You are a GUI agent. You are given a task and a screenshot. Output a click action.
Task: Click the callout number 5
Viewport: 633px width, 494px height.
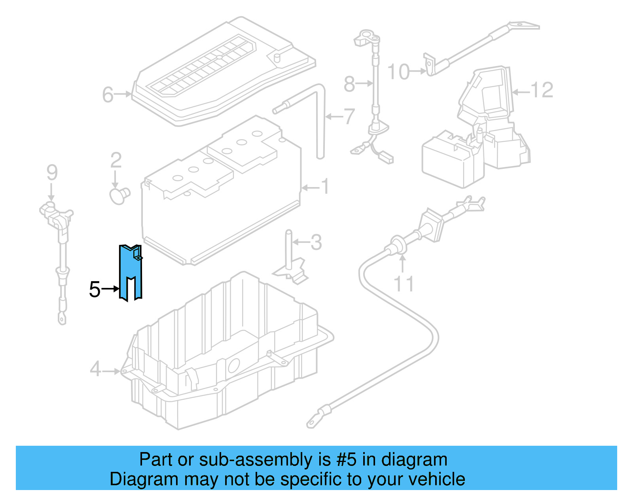click(95, 290)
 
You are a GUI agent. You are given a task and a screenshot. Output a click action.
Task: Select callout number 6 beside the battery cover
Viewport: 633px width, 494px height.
click(108, 95)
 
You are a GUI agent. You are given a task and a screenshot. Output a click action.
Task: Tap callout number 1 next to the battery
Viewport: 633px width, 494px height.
click(325, 187)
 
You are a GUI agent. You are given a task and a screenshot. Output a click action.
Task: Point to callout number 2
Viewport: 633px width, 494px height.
click(116, 161)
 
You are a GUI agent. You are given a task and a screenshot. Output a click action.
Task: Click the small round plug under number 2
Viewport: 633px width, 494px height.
click(119, 195)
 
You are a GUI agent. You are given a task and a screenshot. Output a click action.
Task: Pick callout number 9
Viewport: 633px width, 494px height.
click(52, 173)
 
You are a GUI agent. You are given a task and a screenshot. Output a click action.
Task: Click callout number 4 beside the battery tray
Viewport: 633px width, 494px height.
click(95, 370)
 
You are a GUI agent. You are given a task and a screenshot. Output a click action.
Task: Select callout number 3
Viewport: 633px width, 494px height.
click(316, 242)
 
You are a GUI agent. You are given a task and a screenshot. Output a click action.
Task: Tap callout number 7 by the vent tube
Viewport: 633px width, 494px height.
click(349, 117)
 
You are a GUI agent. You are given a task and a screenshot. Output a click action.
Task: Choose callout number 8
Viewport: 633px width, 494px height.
click(349, 84)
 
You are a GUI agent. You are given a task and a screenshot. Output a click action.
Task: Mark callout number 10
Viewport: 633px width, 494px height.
click(398, 72)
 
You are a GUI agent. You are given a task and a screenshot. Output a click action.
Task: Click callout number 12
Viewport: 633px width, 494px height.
click(541, 91)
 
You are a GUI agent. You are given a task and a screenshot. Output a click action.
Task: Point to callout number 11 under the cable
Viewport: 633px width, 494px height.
click(404, 284)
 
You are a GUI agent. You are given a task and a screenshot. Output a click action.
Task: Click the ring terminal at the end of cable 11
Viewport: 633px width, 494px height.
click(313, 423)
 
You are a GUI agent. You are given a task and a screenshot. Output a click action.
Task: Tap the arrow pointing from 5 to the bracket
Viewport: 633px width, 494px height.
click(110, 289)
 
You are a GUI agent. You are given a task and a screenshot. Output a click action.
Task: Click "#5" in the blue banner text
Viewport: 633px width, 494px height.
click(347, 460)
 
